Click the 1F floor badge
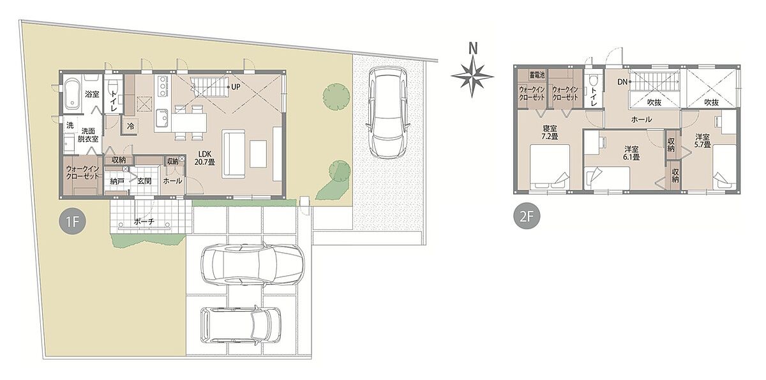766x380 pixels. coord(73,222)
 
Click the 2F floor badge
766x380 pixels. coord(527,216)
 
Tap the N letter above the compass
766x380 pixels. coord(473,49)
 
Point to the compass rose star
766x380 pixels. coord(472,77)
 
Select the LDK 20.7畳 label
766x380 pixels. coord(205,158)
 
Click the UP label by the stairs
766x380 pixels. coord(236,87)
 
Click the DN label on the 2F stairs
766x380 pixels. coord(622,82)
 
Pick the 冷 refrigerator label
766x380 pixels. coord(130,126)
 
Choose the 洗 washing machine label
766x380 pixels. coord(70,125)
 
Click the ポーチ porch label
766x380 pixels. coord(144,222)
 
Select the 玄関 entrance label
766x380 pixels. coord(144,181)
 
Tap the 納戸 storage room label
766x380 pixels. coord(117,181)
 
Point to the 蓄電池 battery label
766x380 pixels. coord(537,75)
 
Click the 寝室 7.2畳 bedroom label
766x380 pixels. coord(550,132)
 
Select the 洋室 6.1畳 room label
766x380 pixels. coord(631,153)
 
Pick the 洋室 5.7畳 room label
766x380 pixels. coord(702,141)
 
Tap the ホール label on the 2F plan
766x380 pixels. coord(641,119)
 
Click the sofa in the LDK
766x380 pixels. coord(234,154)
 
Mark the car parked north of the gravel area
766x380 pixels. coord(388,112)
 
